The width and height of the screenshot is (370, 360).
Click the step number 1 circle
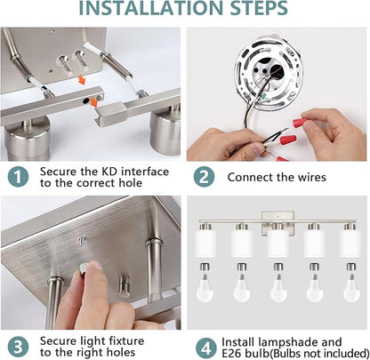pyautogui.click(x=18, y=177)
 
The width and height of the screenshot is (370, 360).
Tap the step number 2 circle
pyautogui.click(x=204, y=177)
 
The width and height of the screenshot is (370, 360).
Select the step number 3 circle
pyautogui.click(x=18, y=347)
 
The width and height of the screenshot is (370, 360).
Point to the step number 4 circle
pyautogui.click(x=206, y=348)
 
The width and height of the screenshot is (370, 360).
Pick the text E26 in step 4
pyautogui.click(x=231, y=354)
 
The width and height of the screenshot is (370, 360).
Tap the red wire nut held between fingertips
pyautogui.click(x=300, y=122)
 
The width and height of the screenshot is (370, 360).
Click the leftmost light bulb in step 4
pyautogui.click(x=205, y=283)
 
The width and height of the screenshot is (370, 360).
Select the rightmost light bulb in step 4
pyautogui.click(x=351, y=283)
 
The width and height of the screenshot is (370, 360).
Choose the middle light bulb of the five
pyautogui.click(x=278, y=283)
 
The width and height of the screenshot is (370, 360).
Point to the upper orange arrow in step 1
pyautogui.click(x=81, y=80)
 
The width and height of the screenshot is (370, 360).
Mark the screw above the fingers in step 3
pyautogui.click(x=83, y=241)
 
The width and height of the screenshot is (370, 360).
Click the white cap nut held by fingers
pyautogui.click(x=84, y=268)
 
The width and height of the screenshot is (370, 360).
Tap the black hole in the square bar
pyautogui.click(x=86, y=100)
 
